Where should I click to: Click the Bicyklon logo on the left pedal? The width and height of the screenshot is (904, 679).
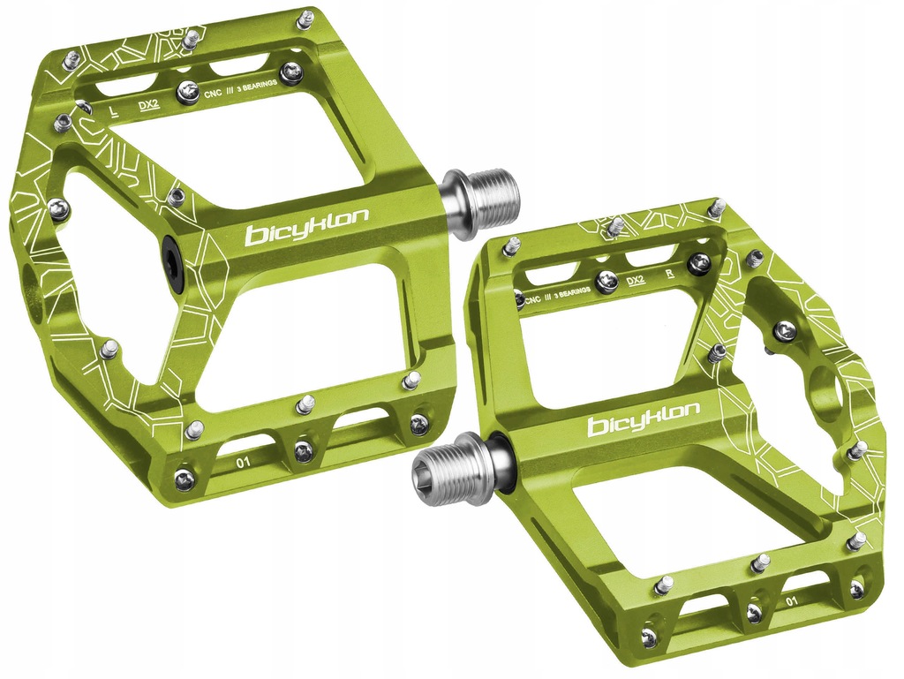click(x=306, y=228)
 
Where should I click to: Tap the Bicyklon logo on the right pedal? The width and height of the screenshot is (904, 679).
click(x=644, y=419)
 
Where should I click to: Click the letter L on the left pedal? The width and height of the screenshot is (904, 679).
click(x=114, y=110)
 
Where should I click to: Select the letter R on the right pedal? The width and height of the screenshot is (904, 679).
click(x=670, y=273)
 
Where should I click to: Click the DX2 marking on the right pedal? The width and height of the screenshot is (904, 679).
click(x=636, y=281)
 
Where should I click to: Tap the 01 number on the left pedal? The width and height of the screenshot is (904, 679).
click(x=244, y=461)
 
